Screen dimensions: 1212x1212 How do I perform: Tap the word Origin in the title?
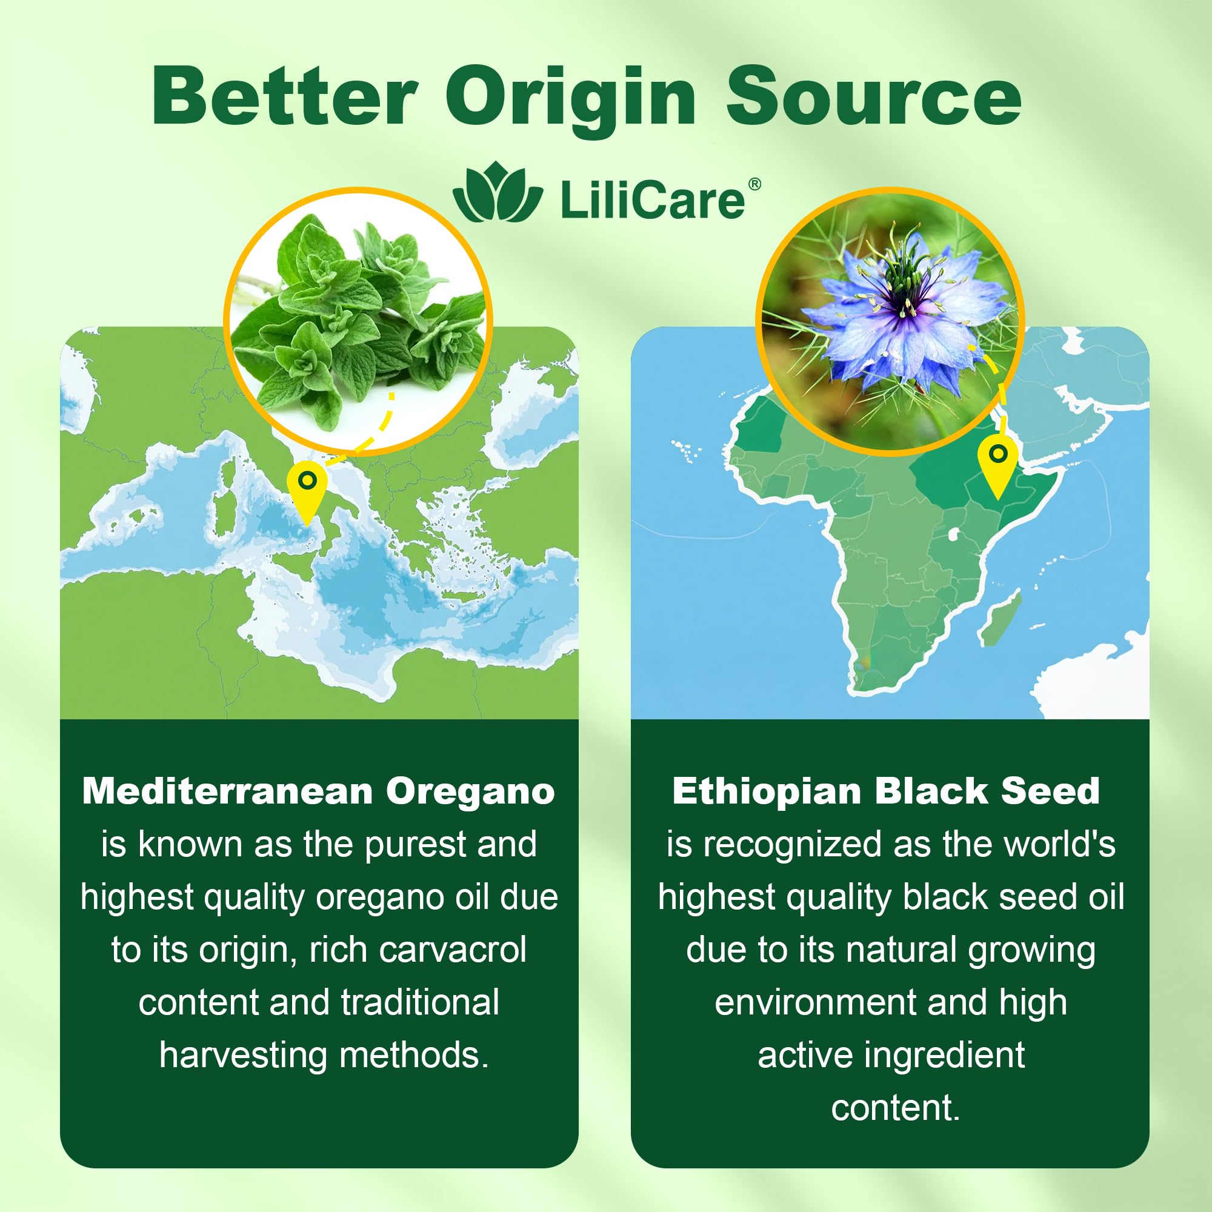pyautogui.click(x=571, y=101)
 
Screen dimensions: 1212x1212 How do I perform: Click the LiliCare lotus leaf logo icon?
pyautogui.click(x=498, y=192)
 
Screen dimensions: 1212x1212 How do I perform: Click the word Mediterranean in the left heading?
pyautogui.click(x=228, y=791)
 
